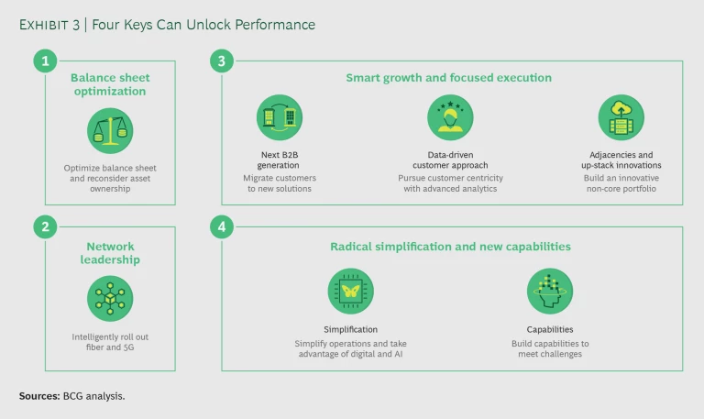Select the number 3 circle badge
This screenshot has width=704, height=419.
pyautogui.click(x=222, y=61)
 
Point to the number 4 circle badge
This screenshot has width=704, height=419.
pyautogui.click(x=222, y=226)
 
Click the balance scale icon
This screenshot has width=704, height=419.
pyautogui.click(x=110, y=130)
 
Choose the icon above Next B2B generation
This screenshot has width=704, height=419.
pyautogui.click(x=280, y=117)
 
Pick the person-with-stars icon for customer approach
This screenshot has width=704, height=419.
pyautogui.click(x=450, y=117)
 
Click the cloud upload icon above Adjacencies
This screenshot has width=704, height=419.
pyautogui.click(x=621, y=117)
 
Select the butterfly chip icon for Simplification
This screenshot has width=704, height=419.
pyautogui.click(x=350, y=292)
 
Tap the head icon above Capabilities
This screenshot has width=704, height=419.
pyautogui.click(x=549, y=292)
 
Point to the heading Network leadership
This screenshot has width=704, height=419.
pyautogui.click(x=110, y=252)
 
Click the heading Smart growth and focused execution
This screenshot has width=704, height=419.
pyautogui.click(x=448, y=78)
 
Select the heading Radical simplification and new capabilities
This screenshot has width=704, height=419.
pyautogui.click(x=450, y=247)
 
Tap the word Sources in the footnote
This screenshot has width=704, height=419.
pyautogui.click(x=39, y=396)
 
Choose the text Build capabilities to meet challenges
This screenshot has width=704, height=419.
pyautogui.click(x=549, y=349)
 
